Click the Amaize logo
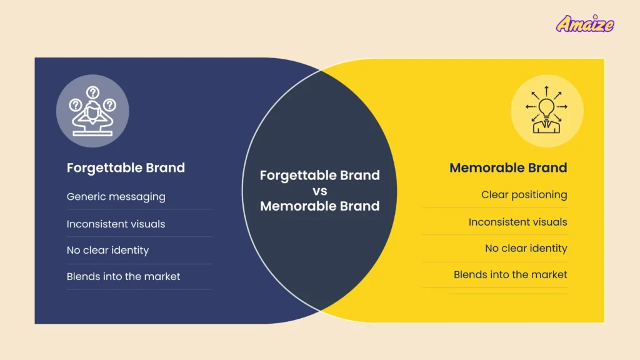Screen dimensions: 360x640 [x=585, y=24]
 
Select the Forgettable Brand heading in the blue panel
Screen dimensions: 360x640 [x=126, y=167]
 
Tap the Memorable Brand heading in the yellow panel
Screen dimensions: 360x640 [x=508, y=167]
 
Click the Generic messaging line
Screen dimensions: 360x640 [x=116, y=196]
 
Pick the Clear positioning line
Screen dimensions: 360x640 [x=524, y=194]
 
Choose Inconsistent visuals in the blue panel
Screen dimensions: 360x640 [x=116, y=224]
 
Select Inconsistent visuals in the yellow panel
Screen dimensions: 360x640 [x=517, y=222]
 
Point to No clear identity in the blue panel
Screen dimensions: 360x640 [x=107, y=250]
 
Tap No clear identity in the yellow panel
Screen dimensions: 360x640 [x=526, y=248]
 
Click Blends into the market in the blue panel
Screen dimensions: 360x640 [x=123, y=276]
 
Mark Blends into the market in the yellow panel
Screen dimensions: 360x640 [x=510, y=274]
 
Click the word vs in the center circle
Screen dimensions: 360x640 [x=319, y=191]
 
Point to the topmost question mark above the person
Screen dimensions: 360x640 [x=92, y=92]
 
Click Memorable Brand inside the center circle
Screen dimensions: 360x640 [x=319, y=206]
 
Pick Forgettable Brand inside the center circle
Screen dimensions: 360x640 [x=319, y=175]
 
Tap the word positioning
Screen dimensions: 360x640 [x=539, y=194]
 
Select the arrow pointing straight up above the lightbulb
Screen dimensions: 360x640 [x=547, y=89]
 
